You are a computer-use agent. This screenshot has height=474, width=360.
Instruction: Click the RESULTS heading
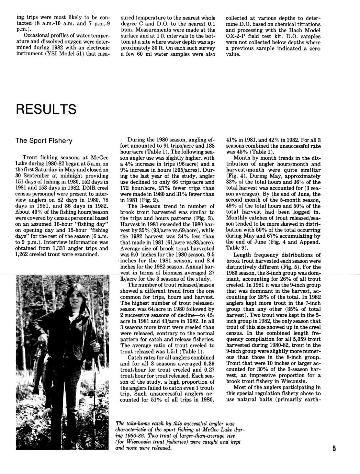(46, 109)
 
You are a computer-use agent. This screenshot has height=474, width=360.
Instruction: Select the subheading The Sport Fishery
(44, 140)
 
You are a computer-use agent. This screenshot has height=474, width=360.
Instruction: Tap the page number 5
(334, 449)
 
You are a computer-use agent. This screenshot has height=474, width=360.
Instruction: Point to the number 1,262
(24, 254)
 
